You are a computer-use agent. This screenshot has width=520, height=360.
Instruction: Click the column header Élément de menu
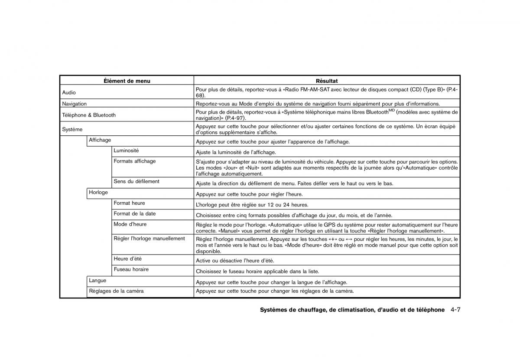[x=127, y=81]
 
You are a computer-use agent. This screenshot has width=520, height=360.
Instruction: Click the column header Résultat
[x=327, y=81]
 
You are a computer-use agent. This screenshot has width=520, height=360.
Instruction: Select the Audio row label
[x=69, y=92]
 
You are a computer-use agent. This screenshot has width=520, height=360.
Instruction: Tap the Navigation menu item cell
[x=75, y=104]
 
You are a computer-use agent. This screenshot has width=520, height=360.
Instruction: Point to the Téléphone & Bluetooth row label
[x=89, y=115]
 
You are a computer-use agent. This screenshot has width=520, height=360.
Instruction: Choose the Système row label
[x=72, y=129]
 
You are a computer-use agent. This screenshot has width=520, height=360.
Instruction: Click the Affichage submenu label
[x=100, y=140]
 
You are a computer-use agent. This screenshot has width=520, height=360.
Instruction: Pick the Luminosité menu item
[x=126, y=151]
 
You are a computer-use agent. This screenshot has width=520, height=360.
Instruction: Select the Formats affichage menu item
[x=135, y=161]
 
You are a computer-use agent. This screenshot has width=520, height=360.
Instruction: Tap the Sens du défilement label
[x=136, y=181]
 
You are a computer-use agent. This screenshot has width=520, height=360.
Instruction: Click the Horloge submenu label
[x=98, y=192]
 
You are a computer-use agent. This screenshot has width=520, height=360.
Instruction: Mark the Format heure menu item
[x=129, y=203]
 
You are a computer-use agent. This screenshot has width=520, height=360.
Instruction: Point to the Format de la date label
[x=135, y=213]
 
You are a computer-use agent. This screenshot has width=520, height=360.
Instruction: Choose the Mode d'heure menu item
[x=130, y=224]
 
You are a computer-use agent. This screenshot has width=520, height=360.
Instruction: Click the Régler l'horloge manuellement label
[x=149, y=238]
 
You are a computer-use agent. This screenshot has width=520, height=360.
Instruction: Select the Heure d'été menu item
[x=128, y=259]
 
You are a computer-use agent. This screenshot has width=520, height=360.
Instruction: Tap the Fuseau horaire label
[x=131, y=269]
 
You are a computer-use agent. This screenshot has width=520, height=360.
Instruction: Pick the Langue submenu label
[x=97, y=281]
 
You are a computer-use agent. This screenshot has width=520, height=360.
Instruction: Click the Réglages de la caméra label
[x=116, y=291]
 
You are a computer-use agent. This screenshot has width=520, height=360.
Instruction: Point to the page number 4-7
[x=455, y=310]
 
